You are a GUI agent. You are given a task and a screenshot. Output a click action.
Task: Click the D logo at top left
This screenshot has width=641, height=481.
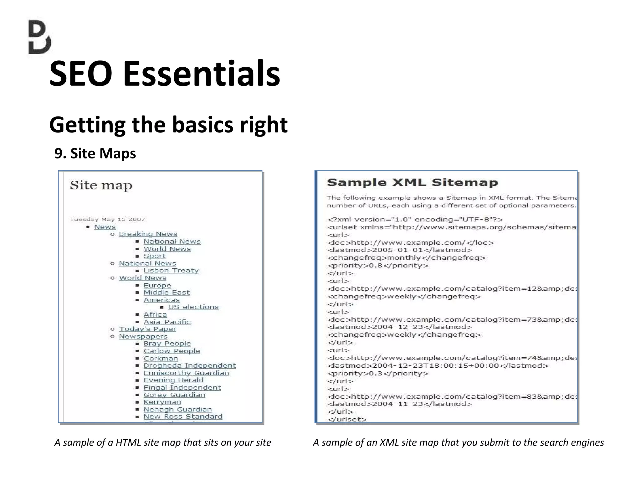39,37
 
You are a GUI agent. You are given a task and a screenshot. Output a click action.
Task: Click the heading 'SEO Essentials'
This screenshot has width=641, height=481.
165,74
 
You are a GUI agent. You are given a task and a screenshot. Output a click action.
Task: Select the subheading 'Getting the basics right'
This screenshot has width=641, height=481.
168,125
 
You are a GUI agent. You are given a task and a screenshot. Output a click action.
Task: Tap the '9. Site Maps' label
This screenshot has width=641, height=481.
95,153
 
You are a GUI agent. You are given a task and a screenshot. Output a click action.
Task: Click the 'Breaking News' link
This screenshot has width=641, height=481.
148,234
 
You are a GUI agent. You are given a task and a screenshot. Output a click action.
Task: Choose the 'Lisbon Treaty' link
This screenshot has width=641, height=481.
171,270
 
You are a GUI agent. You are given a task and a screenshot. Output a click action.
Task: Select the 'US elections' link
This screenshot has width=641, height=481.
193,307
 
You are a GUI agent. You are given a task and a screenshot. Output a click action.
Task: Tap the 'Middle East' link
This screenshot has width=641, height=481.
167,292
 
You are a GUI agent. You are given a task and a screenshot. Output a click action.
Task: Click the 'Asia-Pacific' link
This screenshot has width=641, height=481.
167,322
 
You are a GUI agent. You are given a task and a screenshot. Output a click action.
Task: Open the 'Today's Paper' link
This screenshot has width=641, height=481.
147,329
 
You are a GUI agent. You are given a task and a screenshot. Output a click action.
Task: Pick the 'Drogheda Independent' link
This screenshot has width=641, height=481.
190,365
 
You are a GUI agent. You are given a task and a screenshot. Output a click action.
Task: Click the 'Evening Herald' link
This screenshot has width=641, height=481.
173,380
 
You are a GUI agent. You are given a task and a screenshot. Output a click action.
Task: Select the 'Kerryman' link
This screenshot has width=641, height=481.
162,402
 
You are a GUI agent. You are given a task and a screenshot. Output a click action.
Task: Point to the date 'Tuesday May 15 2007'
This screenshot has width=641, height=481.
107,219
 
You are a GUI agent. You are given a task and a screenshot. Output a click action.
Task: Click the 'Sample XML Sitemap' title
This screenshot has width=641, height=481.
412,183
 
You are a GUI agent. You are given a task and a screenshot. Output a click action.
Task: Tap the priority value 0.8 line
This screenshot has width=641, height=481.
378,266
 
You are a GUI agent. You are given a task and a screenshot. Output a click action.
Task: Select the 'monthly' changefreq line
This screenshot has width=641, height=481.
406,258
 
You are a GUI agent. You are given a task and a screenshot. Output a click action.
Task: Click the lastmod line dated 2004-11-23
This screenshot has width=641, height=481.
400,404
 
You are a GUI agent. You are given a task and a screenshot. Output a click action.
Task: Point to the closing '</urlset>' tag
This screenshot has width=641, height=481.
347,419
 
